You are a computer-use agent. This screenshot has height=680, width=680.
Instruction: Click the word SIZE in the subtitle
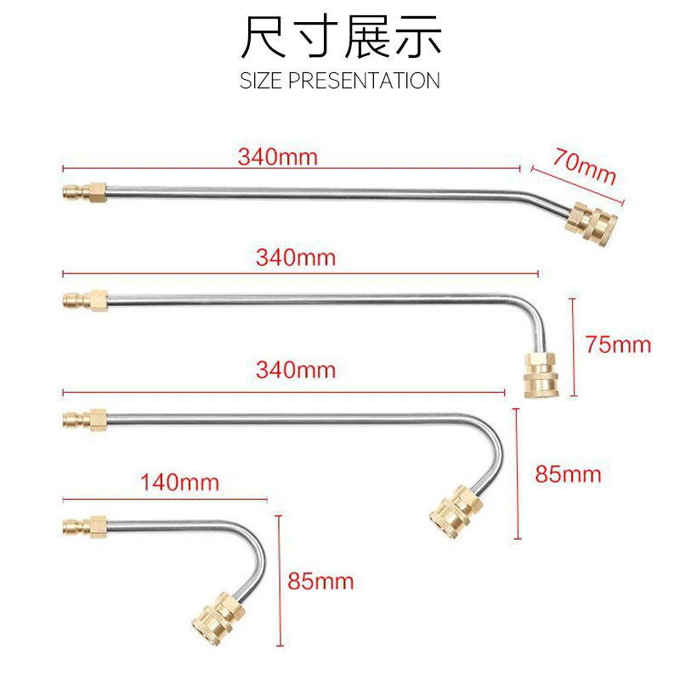pyautogui.click(x=260, y=81)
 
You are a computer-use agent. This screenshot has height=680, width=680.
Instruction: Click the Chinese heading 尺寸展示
pyautogui.click(x=340, y=38)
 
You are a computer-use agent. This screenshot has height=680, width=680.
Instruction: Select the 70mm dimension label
pyautogui.click(x=584, y=166)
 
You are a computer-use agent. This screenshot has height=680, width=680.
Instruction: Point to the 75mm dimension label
pyautogui.click(x=618, y=344)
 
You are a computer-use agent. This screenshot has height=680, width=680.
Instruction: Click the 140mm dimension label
pyautogui.click(x=180, y=483)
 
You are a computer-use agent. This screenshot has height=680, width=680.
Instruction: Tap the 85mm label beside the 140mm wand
pyautogui.click(x=320, y=581)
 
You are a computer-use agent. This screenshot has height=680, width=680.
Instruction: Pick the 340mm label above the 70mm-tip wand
pyautogui.click(x=277, y=156)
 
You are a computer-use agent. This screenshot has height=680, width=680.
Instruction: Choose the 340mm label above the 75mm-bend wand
pyautogui.click(x=296, y=257)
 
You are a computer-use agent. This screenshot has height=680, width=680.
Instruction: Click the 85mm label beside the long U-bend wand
pyautogui.click(x=568, y=473)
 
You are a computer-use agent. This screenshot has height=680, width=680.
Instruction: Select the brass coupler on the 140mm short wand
pyautogui.click(x=213, y=613)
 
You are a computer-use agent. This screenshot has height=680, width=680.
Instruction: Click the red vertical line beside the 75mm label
pyautogui.click(x=575, y=346)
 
